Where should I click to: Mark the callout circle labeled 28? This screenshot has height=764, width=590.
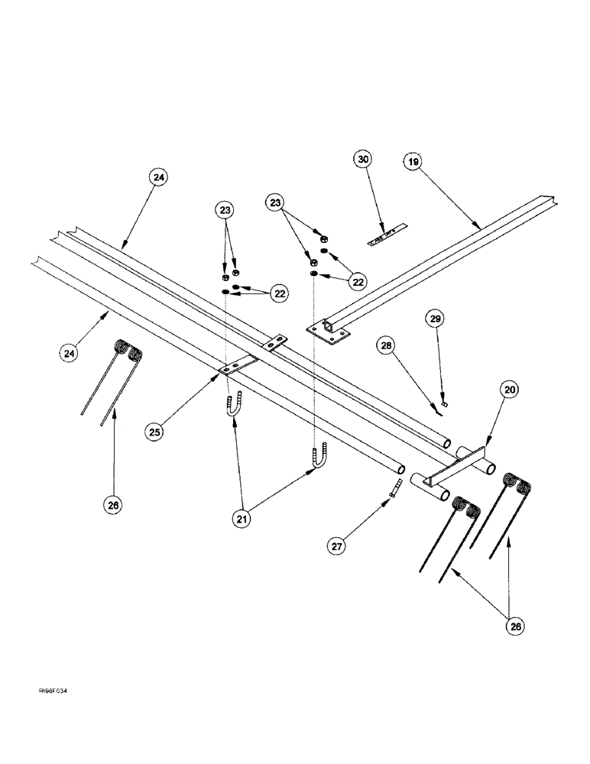click(x=386, y=346)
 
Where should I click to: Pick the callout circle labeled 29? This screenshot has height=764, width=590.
click(x=433, y=316)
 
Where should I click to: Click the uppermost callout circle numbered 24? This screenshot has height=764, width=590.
click(x=157, y=177)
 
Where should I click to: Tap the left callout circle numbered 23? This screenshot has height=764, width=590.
click(x=225, y=209)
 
